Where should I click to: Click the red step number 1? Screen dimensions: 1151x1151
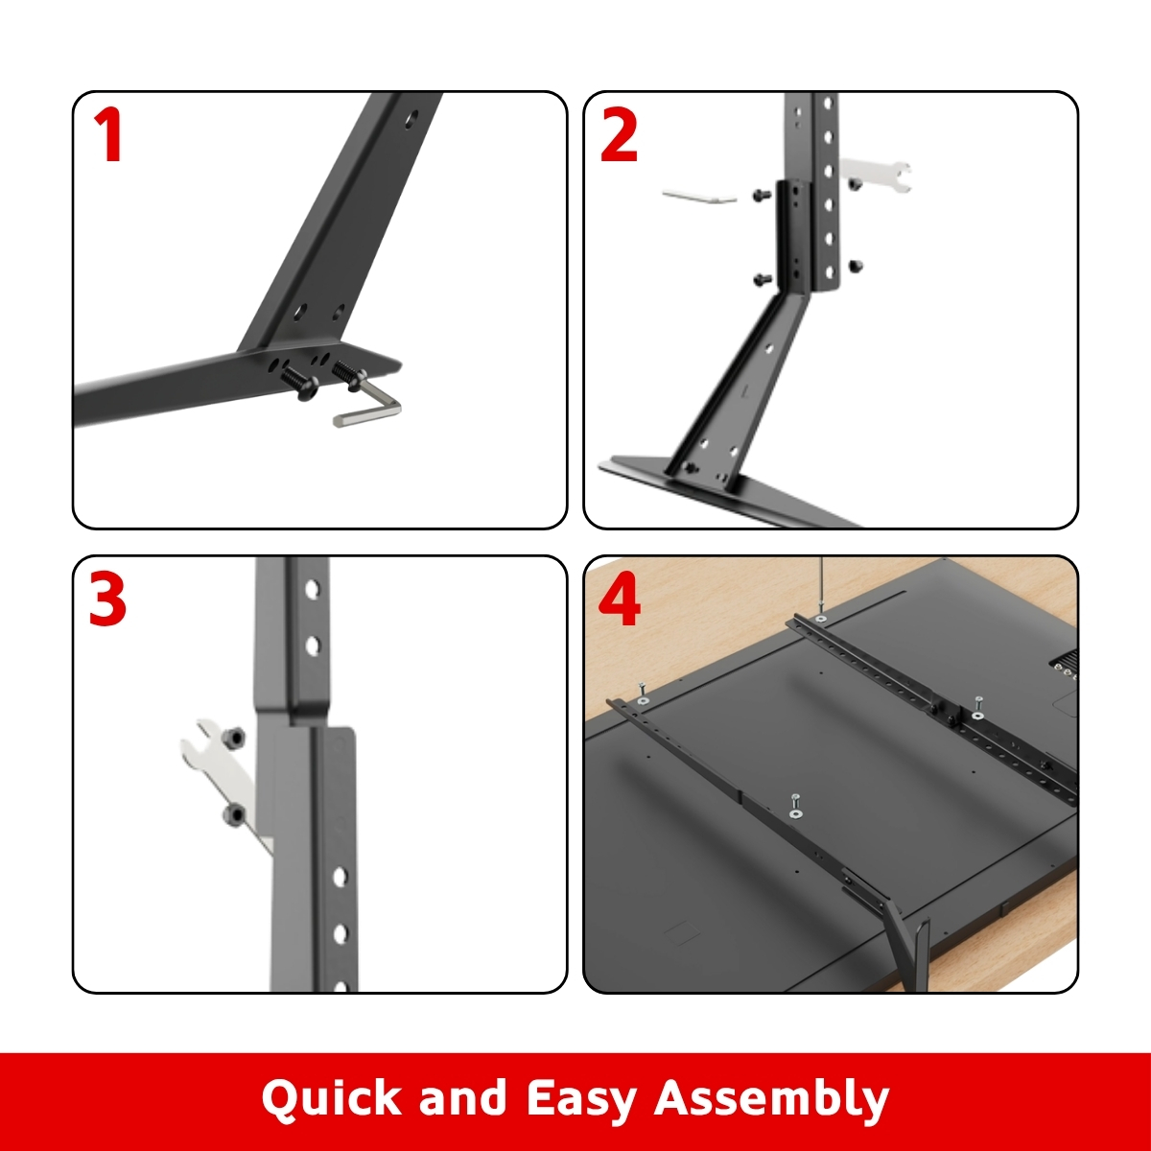[108, 135]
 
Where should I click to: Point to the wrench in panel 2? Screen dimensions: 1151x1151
[877, 175]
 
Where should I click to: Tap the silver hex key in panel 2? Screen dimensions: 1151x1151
[699, 197]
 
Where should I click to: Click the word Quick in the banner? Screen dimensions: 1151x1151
[331, 1098]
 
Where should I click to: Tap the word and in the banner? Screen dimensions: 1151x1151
[463, 1096]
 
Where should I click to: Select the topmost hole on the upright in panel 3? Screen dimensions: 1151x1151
[313, 589]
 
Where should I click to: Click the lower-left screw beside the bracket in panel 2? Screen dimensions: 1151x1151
[762, 278]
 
